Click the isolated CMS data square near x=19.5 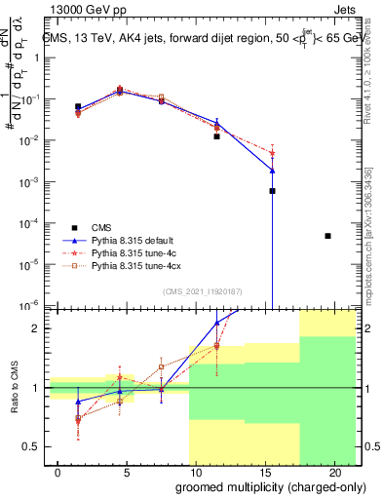tap(327, 236)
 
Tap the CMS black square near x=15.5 tap(272, 191)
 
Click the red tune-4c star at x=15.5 tap(272, 153)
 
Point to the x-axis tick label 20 tap(332, 473)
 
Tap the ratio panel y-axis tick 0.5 tap(32, 446)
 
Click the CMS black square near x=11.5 tap(217, 136)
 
